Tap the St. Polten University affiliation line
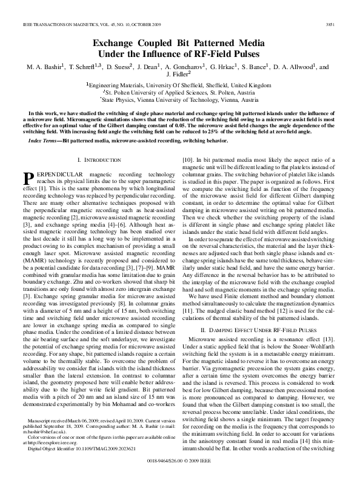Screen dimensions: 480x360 click(181, 93)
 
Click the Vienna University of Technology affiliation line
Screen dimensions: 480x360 click(181, 100)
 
